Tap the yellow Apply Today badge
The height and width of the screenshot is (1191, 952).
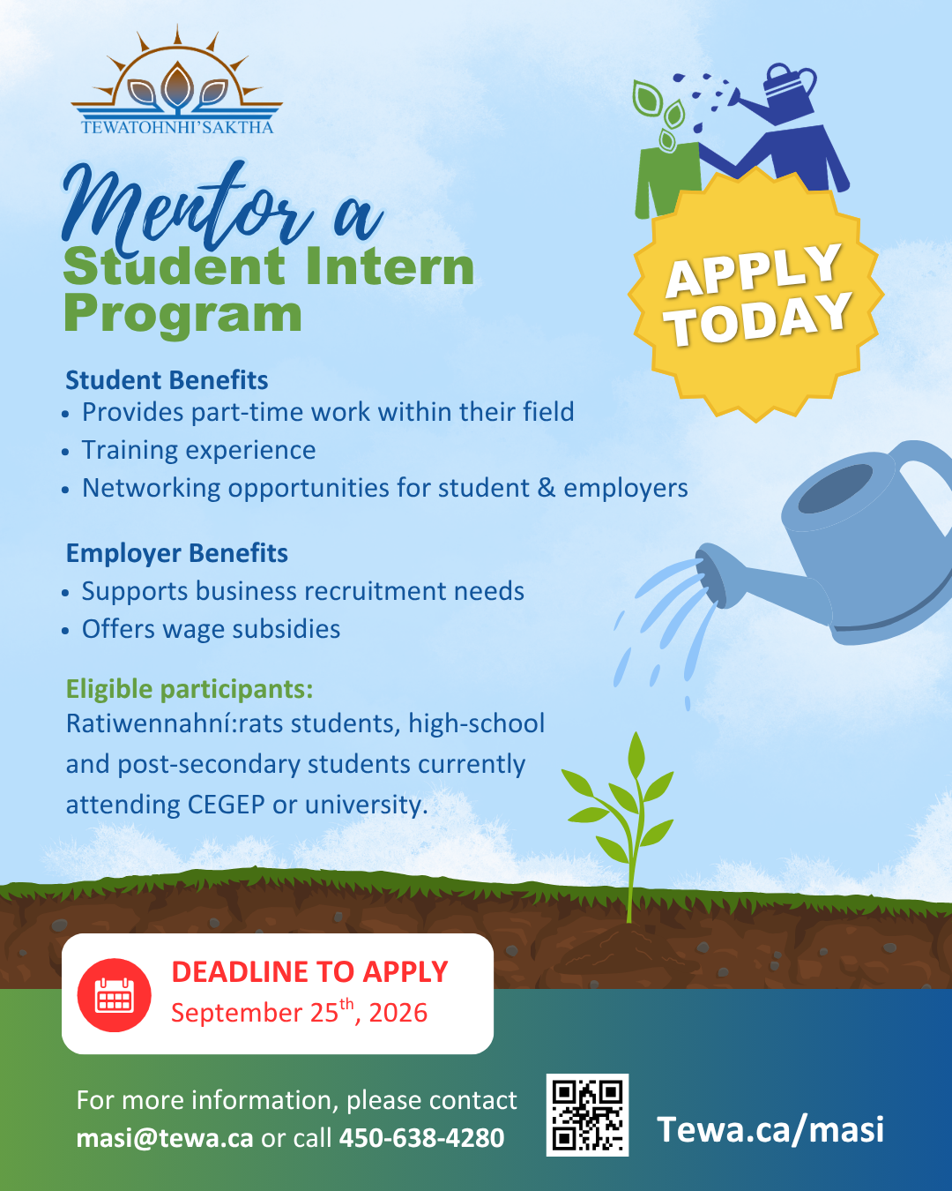(755, 295)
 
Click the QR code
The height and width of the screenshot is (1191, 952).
(587, 1115)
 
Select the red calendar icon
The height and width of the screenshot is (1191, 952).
(114, 994)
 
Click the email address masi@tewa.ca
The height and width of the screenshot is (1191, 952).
(165, 1138)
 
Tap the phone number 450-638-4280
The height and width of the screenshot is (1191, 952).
(421, 1138)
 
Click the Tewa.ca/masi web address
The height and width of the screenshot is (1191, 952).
(770, 1129)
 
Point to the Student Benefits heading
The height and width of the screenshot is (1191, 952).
(167, 380)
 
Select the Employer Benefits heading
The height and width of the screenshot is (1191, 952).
(177, 553)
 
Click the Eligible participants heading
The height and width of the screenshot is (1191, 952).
(190, 689)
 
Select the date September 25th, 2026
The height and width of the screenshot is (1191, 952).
(300, 1012)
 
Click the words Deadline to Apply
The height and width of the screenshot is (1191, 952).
(309, 972)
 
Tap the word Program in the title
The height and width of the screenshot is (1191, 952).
(183, 316)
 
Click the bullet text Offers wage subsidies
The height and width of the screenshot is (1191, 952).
(211, 629)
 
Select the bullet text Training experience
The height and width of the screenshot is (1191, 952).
(198, 450)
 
